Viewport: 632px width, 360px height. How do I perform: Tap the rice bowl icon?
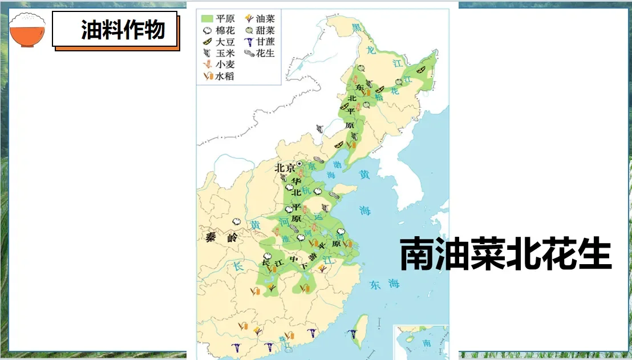(x=27, y=30)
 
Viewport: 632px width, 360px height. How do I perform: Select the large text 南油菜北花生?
(x=505, y=254)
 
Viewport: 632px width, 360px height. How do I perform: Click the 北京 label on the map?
(x=285, y=168)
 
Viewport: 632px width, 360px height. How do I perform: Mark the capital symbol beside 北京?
(x=299, y=164)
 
